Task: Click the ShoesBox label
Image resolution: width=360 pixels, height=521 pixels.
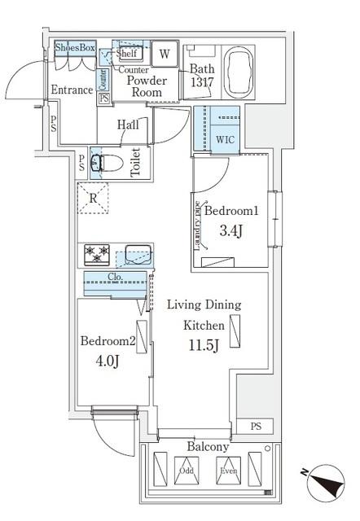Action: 75,48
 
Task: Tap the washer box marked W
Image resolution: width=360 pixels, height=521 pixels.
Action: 165,55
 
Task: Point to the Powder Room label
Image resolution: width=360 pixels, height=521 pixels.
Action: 147,86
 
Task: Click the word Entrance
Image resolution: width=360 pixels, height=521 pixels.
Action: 72,90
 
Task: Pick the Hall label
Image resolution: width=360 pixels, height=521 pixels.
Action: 128,125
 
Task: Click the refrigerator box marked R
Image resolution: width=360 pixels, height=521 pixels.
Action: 94,198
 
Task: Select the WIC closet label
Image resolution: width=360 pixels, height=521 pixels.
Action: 225,138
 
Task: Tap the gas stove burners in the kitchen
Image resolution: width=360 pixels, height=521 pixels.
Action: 95,254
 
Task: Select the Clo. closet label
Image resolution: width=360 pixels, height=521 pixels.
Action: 115,277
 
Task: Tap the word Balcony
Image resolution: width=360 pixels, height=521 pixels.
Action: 208,447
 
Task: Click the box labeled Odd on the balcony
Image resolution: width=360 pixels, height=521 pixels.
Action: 186,471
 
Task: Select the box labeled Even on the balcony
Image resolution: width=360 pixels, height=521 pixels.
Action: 226,471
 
